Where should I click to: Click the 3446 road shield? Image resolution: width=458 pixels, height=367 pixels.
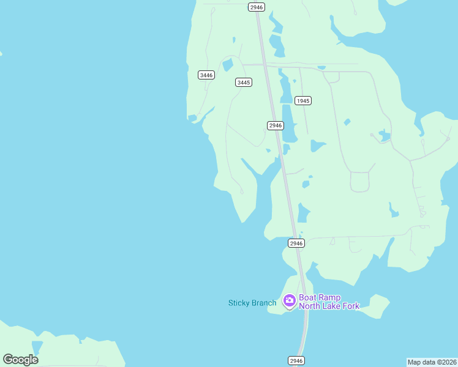(x=206, y=75)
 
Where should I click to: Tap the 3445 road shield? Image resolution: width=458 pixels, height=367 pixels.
(x=244, y=82)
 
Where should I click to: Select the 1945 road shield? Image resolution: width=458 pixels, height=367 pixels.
(x=303, y=100)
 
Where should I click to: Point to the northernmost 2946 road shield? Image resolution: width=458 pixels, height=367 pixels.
(x=257, y=7)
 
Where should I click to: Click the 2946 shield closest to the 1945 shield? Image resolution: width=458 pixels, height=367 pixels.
(x=276, y=125)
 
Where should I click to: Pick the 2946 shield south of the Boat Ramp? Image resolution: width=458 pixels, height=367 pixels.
(x=296, y=361)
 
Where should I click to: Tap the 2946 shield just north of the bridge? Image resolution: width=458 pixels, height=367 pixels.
(x=296, y=243)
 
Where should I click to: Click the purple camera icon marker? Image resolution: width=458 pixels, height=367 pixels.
(x=289, y=301)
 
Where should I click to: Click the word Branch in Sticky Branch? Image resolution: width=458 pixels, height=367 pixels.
(x=264, y=303)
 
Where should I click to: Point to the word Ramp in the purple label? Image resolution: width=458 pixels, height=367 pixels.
(x=331, y=297)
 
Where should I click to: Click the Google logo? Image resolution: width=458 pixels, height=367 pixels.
(x=20, y=359)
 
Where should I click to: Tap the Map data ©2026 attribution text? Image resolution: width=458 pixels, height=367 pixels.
(x=432, y=361)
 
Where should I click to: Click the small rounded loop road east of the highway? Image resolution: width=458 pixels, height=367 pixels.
(x=360, y=182)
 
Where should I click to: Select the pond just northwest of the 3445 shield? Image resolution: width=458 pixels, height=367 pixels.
(x=228, y=65)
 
